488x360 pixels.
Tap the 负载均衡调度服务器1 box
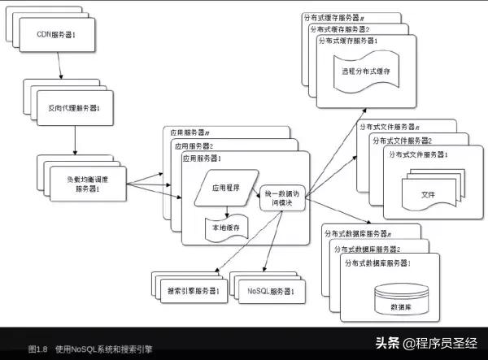point(87,183)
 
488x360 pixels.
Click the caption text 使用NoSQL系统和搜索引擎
point(104,348)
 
